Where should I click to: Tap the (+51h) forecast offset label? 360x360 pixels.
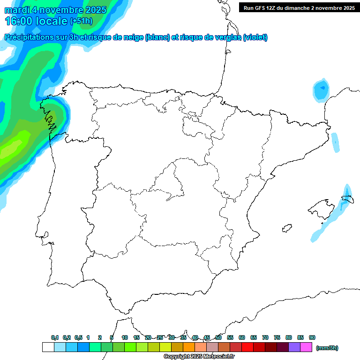pyautogui.click(x=82, y=21)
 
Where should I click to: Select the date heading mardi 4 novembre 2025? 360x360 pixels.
pyautogui.click(x=55, y=10)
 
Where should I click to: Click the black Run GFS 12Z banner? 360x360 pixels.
pyautogui.click(x=299, y=8)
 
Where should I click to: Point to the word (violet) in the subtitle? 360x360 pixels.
pyautogui.click(x=255, y=37)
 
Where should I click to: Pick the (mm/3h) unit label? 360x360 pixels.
pyautogui.click(x=327, y=348)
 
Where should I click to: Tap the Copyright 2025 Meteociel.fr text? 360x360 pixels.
pyautogui.click(x=199, y=357)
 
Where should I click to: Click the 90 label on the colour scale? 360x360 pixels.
pyautogui.click(x=312, y=337)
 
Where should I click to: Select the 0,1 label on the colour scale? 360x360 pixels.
pyautogui.click(x=55, y=337)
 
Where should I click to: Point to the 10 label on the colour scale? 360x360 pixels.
pyautogui.click(x=125, y=337)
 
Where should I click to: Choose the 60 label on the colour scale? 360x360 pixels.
pyautogui.click(x=242, y=337)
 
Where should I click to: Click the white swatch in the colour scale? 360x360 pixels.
pyautogui.click(x=48, y=347)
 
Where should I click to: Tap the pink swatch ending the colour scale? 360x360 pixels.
pyautogui.click(x=306, y=347)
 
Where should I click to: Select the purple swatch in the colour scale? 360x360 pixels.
pyautogui.click(x=294, y=347)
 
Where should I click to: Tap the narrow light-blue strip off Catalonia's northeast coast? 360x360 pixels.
pyautogui.click(x=335, y=142)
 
